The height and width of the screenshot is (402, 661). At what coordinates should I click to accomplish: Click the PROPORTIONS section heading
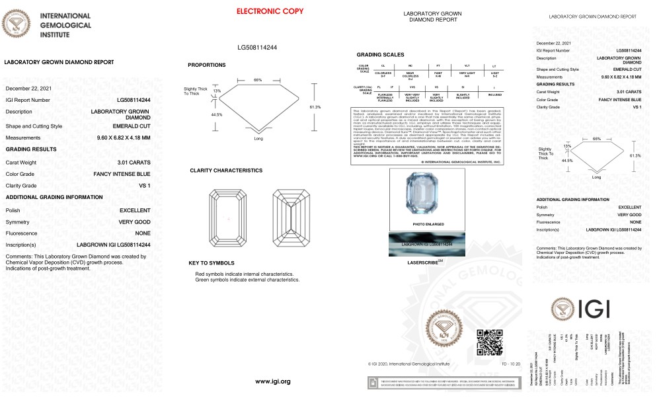click(x=206, y=65)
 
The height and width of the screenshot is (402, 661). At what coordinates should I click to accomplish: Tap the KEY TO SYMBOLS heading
click(x=212, y=263)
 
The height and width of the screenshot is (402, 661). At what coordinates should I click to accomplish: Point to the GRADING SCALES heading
click(x=380, y=54)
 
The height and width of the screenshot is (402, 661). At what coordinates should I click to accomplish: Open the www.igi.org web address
click(x=272, y=382)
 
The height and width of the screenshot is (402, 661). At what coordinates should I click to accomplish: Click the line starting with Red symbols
click(x=245, y=274)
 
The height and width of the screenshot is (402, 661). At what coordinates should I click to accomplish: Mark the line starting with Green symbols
click(x=247, y=280)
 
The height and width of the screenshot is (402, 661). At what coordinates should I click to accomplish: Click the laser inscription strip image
click(x=423, y=245)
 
